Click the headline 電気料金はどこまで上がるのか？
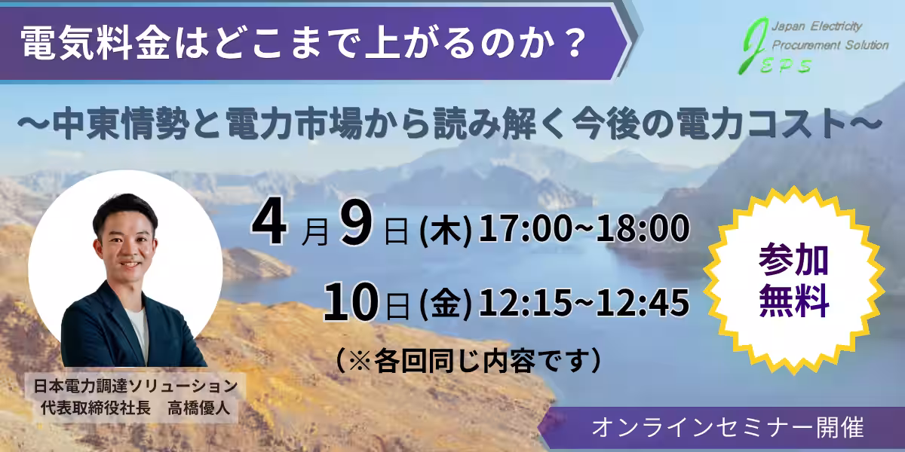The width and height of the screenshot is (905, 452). tap(302, 47)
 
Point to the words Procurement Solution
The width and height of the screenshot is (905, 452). tap(830, 45)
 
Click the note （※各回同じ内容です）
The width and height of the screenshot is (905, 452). tap(468, 359)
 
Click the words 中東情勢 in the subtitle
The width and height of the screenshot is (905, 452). tap(112, 124)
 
